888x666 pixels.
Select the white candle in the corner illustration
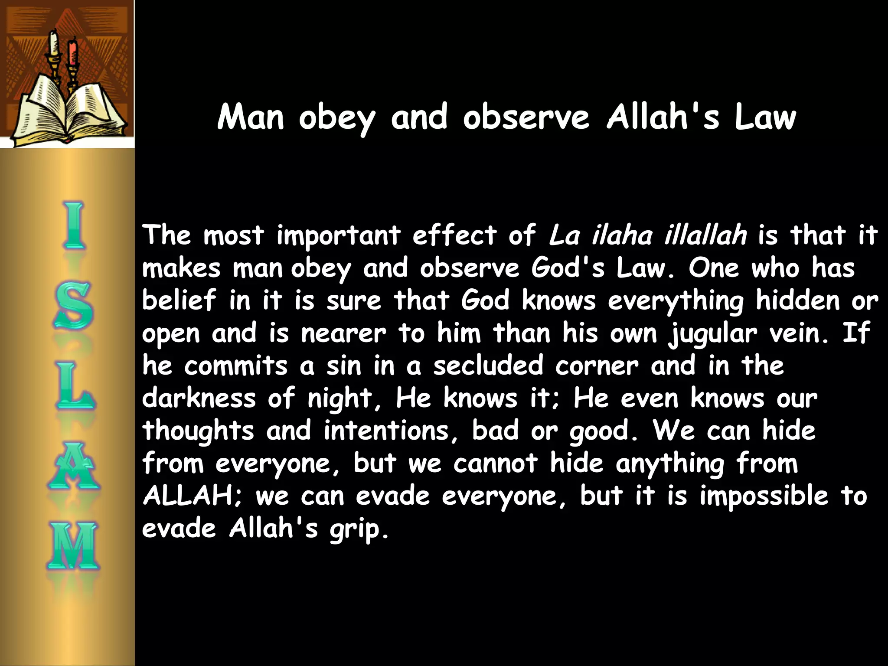pyautogui.click(x=54, y=44)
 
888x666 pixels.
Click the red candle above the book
pyautogui.click(x=72, y=52)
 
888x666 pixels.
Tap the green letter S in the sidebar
pyautogui.click(x=73, y=305)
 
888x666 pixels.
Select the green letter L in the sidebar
pyautogui.click(x=74, y=386)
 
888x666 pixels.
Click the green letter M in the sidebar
pyautogui.click(x=73, y=546)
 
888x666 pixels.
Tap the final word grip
pyautogui.click(x=358, y=529)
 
